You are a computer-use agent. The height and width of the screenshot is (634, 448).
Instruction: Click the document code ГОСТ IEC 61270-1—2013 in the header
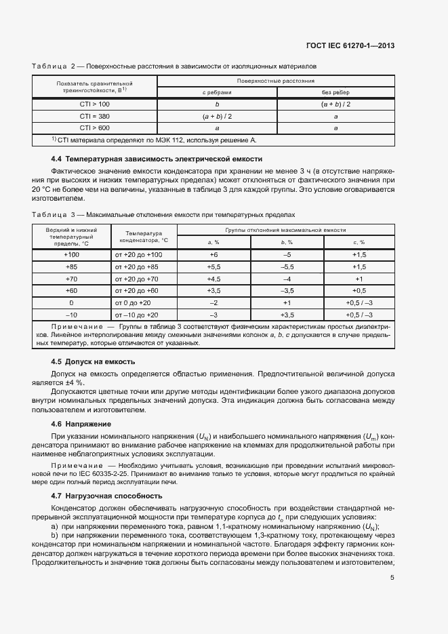[x=355, y=45]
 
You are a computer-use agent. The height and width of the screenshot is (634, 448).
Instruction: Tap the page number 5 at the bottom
[x=392, y=578]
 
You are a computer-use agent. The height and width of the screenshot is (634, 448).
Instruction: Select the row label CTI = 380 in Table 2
[x=94, y=116]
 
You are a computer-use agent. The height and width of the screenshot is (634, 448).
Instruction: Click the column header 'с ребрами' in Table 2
[x=217, y=92]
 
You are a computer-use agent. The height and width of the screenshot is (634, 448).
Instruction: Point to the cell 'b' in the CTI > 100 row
[x=217, y=104]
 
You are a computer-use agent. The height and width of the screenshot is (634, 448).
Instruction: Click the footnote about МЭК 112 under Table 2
[x=155, y=140]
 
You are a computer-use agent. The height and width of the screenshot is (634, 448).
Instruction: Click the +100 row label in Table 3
[x=71, y=254]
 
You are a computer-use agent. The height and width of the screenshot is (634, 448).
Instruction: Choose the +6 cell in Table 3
[x=213, y=254]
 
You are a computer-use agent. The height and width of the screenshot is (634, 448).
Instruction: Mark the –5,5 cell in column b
[x=287, y=266]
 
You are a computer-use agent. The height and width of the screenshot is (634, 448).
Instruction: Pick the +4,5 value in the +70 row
[x=213, y=279]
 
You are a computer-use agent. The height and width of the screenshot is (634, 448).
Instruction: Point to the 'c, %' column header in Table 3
[x=359, y=242]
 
